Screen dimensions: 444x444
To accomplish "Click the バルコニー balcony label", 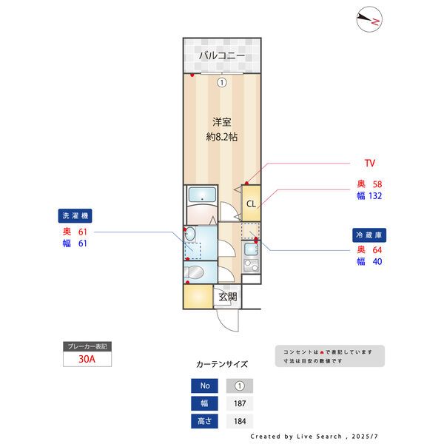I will [x=222, y=56].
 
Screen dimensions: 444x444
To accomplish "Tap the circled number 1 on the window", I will [x=221, y=83].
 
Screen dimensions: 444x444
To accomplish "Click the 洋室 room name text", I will [x=221, y=121].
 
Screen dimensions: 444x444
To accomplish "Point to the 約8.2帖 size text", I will [x=221, y=137].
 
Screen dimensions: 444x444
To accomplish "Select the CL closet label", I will [x=251, y=204].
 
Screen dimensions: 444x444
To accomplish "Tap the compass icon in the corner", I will [x=368, y=19].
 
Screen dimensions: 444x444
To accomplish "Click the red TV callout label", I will [x=370, y=162].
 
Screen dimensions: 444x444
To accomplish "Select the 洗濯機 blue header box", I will [x=75, y=217].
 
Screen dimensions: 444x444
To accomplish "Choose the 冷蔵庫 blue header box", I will [x=368, y=235].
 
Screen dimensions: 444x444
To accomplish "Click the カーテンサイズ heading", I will [x=222, y=364].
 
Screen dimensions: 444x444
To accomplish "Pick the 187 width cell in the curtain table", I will [x=239, y=403].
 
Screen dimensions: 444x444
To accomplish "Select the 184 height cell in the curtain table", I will [x=239, y=422].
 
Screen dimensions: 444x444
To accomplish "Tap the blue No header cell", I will [x=205, y=386].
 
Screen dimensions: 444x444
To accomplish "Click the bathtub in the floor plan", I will [x=201, y=195].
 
